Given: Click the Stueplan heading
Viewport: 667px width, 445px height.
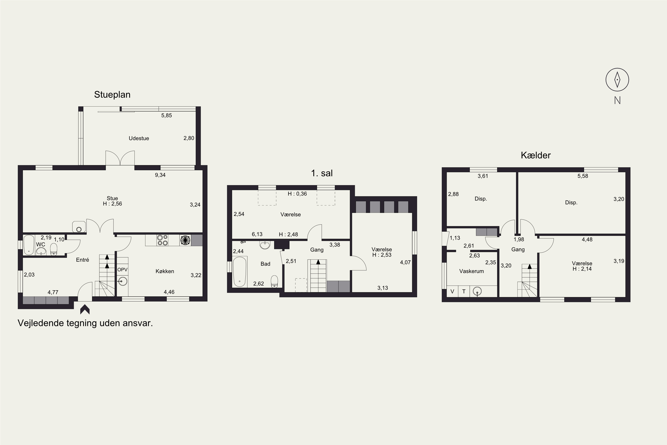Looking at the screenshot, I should pyautogui.click(x=112, y=95).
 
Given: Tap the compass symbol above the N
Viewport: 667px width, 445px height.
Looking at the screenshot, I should pyautogui.click(x=617, y=80).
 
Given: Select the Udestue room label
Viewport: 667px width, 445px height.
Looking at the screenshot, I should pyautogui.click(x=139, y=138).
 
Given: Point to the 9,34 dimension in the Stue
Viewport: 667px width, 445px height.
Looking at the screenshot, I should pyautogui.click(x=160, y=175).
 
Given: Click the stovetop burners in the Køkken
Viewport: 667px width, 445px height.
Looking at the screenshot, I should pyautogui.click(x=163, y=240).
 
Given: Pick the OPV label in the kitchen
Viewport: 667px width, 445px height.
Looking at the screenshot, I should pyautogui.click(x=123, y=270).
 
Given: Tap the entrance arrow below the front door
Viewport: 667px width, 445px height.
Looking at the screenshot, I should pyautogui.click(x=85, y=310).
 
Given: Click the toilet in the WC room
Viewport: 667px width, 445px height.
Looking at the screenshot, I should pyautogui.click(x=54, y=249).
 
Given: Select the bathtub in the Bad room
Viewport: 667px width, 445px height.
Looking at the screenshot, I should pyautogui.click(x=240, y=272).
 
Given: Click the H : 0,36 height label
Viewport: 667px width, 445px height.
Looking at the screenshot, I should pyautogui.click(x=297, y=194).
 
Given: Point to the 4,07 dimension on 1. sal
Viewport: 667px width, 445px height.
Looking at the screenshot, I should pyautogui.click(x=405, y=263).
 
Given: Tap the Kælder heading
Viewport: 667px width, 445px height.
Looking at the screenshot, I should pyautogui.click(x=536, y=155).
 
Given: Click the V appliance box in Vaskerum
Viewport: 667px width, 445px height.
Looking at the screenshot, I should pyautogui.click(x=452, y=291).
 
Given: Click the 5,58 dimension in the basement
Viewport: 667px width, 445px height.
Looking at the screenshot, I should pyautogui.click(x=583, y=176).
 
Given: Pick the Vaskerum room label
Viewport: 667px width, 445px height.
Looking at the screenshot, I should pyautogui.click(x=471, y=271).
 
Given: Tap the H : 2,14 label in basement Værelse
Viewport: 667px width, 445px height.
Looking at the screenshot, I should pyautogui.click(x=582, y=269).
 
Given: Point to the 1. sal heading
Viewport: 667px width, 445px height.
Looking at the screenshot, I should pyautogui.click(x=322, y=173).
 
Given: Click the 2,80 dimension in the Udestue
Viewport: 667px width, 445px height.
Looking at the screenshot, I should pyautogui.click(x=189, y=138).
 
